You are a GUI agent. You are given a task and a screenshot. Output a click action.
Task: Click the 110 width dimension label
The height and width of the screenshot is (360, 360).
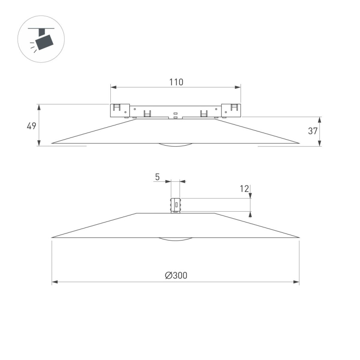[176, 82]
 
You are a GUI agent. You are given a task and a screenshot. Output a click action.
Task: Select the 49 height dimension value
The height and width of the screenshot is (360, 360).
[32, 126]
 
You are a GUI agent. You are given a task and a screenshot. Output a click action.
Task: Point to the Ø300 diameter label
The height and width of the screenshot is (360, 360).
[176, 275]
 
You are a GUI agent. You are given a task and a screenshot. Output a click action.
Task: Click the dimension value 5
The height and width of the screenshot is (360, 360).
[157, 176]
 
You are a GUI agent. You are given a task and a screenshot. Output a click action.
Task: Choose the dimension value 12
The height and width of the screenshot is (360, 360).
[245, 188]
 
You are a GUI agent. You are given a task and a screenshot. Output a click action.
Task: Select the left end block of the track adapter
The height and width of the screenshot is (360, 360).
[120, 110]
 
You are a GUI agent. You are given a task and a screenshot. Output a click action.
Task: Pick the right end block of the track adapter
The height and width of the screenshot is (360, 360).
[231, 110]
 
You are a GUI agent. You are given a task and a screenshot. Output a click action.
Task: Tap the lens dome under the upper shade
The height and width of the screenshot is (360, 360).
[176, 145]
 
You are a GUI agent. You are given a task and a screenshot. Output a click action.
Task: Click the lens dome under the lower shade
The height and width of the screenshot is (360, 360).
[176, 240]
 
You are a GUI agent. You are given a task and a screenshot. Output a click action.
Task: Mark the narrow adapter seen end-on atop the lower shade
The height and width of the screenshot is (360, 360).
[175, 205]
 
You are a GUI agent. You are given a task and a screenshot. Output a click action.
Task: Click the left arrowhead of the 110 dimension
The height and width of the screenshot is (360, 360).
[113, 87]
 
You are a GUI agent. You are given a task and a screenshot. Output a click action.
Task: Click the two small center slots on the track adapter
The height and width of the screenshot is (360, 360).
[175, 115]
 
